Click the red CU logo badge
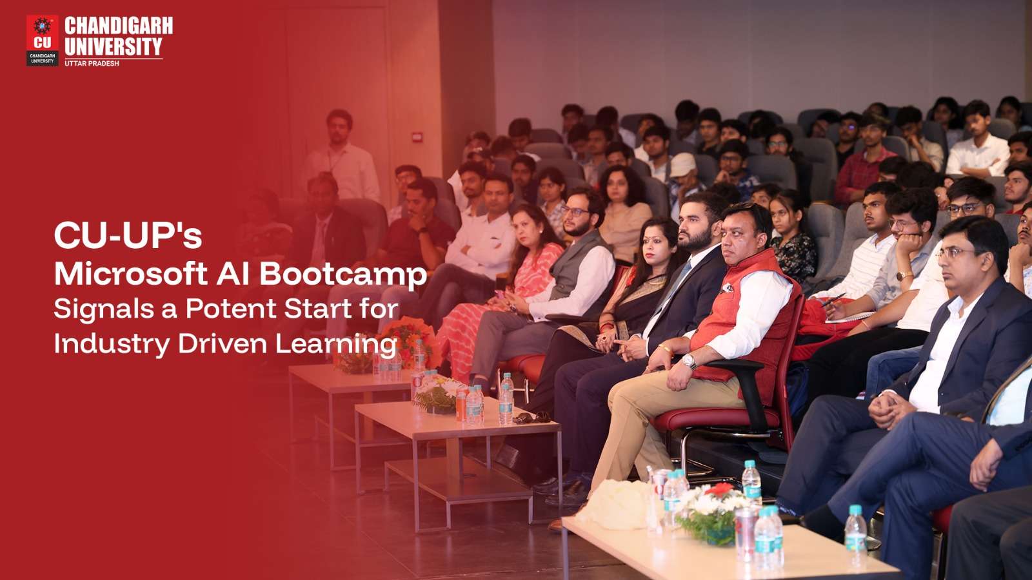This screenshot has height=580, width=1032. point(43,40)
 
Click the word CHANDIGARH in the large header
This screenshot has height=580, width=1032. point(119,26)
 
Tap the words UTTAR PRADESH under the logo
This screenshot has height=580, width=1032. point(92,63)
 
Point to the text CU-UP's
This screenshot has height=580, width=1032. point(128,236)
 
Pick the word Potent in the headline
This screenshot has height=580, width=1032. point(230,309)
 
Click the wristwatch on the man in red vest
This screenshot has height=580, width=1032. point(690,362)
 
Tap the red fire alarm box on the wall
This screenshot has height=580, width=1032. point(417,137)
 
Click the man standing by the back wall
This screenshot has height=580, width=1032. point(341,154)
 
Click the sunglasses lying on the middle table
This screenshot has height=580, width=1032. point(531,418)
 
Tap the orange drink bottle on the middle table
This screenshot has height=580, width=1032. point(462,405)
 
